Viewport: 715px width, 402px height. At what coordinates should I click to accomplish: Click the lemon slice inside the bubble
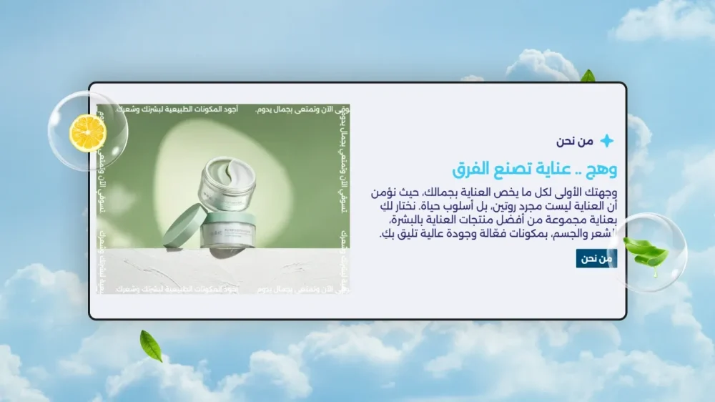[87, 132]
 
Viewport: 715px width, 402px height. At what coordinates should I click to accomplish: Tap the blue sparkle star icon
[606, 141]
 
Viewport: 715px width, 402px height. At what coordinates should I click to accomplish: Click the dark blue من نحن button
[596, 259]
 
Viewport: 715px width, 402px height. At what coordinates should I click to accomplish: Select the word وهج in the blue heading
[601, 170]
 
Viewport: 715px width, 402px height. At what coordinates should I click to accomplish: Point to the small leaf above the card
[588, 76]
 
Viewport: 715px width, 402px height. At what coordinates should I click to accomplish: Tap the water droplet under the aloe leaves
[654, 273]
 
